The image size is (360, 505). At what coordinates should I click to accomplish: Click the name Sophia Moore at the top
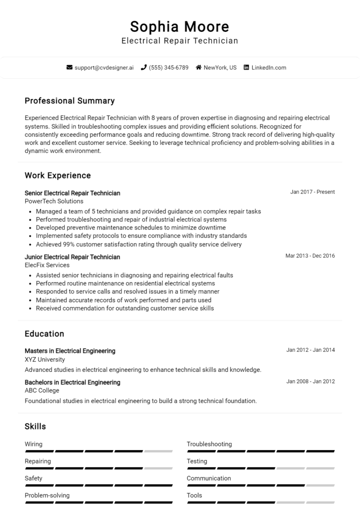[180, 26]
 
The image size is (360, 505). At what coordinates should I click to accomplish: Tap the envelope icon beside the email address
[70, 67]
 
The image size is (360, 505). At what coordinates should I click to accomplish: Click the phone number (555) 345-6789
[168, 67]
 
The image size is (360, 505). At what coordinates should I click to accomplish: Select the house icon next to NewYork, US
[199, 67]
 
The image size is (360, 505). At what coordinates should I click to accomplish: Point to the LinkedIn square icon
[246, 67]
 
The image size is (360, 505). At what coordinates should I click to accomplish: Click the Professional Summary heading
[69, 101]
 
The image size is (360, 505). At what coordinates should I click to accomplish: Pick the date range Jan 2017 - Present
[312, 192]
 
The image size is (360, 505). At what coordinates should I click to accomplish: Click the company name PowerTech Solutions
[54, 201]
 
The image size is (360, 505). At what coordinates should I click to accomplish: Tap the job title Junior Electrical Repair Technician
[72, 257]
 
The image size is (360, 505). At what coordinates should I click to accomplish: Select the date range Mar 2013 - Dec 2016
[310, 256]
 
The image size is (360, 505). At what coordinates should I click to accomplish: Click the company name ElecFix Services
[47, 265]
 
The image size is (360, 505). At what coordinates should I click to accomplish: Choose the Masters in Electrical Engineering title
[70, 351]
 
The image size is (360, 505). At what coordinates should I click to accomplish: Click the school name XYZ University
[45, 360]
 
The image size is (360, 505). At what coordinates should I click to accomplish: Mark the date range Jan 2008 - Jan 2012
[310, 381]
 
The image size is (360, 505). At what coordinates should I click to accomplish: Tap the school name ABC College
[42, 390]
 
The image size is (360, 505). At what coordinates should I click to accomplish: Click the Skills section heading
[35, 426]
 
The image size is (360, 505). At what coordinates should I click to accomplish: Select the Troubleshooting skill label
[209, 444]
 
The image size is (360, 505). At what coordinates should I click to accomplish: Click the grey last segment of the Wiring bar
[158, 451]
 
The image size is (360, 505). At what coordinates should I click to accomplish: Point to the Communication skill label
[209, 478]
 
